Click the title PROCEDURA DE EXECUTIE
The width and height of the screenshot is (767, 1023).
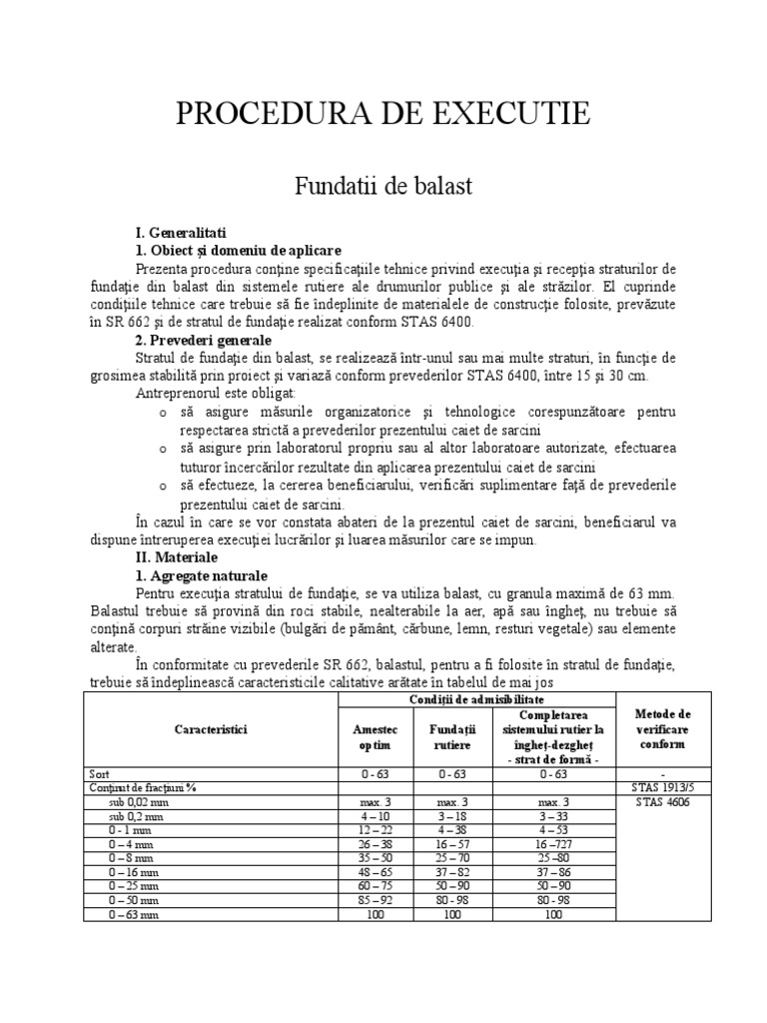point(383,114)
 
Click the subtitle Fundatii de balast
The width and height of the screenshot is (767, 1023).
point(383,186)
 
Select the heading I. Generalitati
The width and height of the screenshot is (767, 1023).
point(184,232)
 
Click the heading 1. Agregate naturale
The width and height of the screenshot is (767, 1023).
point(201,576)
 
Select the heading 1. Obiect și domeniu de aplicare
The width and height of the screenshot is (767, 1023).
point(238,250)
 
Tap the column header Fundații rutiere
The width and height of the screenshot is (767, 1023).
point(448,738)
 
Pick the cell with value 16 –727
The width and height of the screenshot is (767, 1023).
point(552,843)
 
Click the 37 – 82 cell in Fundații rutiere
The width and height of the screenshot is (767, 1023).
point(448,871)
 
